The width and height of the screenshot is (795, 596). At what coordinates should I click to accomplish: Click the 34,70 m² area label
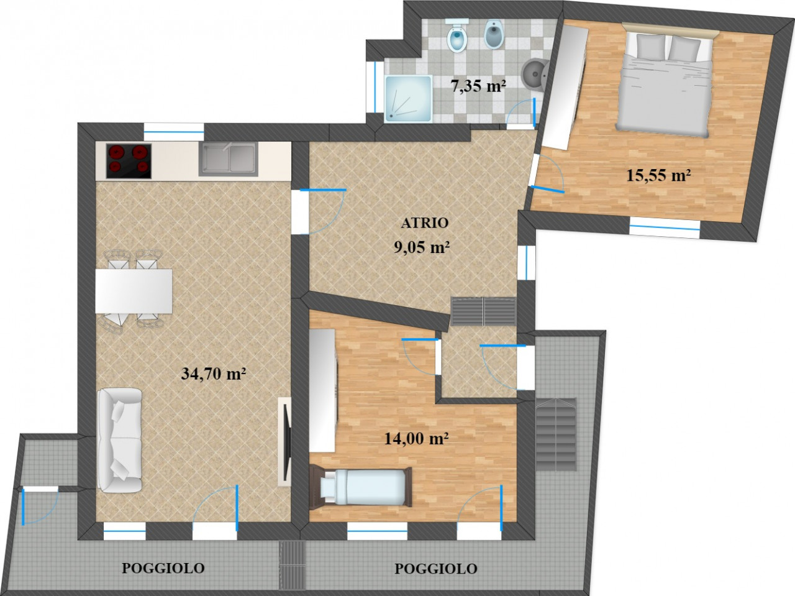coord(213,374)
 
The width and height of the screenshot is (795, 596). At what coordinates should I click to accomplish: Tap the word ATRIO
coord(424,223)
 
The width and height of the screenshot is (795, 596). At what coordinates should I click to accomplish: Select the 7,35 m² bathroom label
coord(478,86)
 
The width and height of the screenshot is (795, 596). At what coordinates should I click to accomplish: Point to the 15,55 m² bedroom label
coord(658,175)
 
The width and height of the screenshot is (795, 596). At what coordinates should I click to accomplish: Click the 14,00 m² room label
coord(417,439)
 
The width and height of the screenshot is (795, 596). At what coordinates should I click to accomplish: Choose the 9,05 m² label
coord(422,247)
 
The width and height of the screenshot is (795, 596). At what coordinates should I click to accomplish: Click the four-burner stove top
coord(129,161)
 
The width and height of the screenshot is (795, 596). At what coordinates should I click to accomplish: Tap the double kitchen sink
coord(228,159)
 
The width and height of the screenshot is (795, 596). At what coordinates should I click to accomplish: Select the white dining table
coord(134,291)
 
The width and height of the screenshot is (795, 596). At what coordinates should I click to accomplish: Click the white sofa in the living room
coord(120,440)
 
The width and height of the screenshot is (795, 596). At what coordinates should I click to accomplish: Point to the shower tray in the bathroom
coord(408,99)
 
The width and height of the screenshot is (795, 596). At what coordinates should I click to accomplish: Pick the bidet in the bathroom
coord(494,34)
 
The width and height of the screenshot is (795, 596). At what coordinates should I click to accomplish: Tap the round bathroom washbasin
coord(535,75)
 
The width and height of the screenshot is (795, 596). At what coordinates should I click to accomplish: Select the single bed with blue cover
coord(361,487)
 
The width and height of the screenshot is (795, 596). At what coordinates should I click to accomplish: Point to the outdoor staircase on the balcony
coord(556,434)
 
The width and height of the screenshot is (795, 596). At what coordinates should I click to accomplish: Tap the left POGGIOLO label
coord(163,568)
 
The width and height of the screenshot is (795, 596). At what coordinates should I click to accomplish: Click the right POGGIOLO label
coord(436,569)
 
